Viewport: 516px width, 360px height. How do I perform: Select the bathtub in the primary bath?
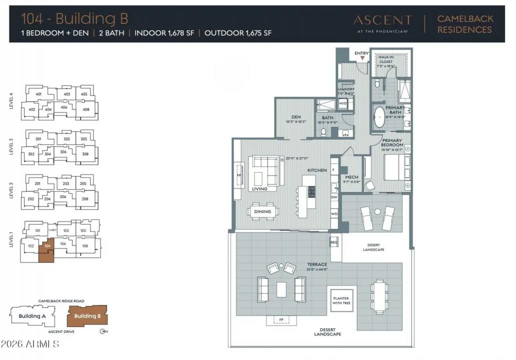[380, 116]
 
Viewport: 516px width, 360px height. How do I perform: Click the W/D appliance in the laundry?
[343, 103]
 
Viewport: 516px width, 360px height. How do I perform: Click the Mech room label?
[352, 177]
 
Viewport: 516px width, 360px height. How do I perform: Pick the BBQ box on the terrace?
[334, 242]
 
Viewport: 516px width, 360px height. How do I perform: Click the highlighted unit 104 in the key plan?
[47, 252]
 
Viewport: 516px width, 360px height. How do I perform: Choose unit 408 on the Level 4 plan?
[85, 109]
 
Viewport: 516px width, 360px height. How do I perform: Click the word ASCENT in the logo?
[382, 20]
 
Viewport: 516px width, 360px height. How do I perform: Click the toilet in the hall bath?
[323, 132]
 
